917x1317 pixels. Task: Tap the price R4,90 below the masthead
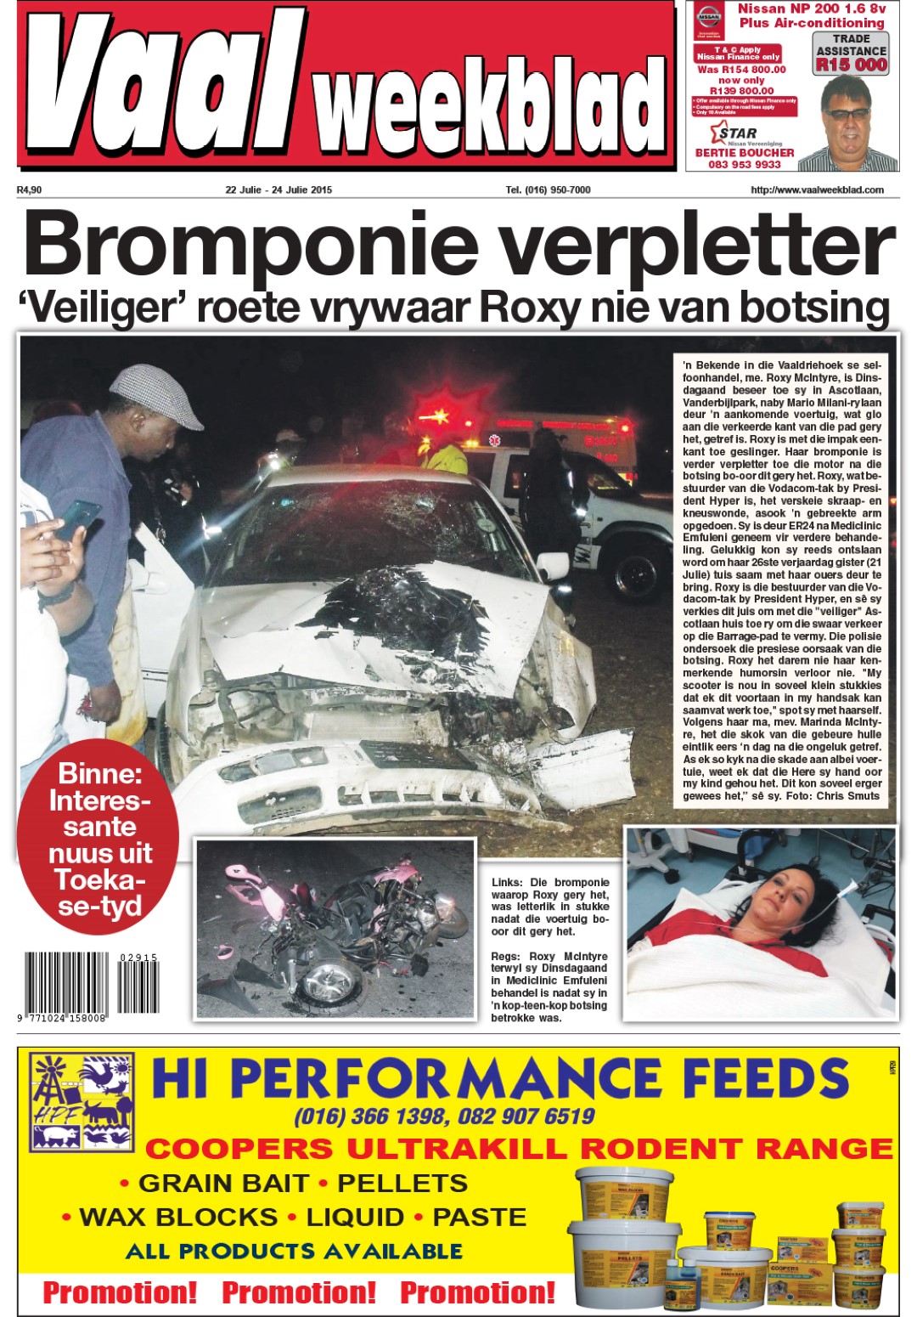click(x=29, y=189)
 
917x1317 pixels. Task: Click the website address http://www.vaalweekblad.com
click(x=817, y=189)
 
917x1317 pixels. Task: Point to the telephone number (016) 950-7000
click(x=548, y=189)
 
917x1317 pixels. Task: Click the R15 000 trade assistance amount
click(x=851, y=65)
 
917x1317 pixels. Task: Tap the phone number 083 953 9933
click(x=745, y=164)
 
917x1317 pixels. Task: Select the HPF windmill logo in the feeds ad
click(x=82, y=1103)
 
